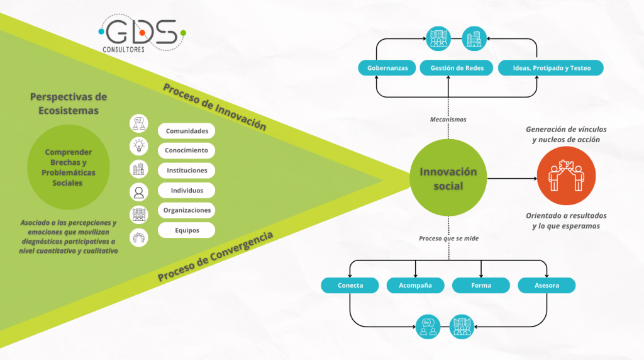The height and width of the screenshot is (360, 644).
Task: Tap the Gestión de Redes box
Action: click(457, 68)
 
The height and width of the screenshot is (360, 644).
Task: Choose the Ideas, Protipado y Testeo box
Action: click(550, 68)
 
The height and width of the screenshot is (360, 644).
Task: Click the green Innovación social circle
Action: click(448, 178)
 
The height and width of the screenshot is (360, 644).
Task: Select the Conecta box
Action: click(350, 285)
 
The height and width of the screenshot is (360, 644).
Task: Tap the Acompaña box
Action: click(415, 285)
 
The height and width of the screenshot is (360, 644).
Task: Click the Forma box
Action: click(480, 285)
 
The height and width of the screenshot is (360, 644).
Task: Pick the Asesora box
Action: click(547, 285)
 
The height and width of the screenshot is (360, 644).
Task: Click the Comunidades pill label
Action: click(186, 131)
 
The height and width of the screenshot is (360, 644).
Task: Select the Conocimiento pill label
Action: click(186, 150)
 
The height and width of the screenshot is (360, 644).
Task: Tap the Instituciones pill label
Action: click(186, 171)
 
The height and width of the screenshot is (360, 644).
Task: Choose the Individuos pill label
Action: click(186, 190)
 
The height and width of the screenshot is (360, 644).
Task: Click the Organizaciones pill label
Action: click(186, 210)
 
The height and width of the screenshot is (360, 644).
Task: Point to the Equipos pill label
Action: click(186, 230)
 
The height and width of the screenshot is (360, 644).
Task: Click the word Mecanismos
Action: click(448, 118)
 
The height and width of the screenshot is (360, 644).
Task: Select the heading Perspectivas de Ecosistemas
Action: click(68, 103)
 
